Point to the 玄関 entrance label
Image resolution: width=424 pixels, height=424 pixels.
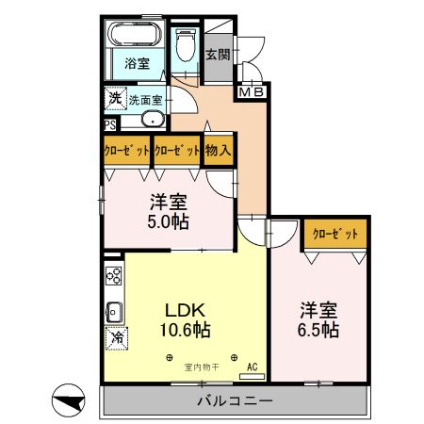pyautogui.click(x=218, y=54)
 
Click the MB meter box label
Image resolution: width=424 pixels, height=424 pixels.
pyautogui.click(x=250, y=92)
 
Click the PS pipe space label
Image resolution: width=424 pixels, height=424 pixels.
pyautogui.click(x=110, y=122)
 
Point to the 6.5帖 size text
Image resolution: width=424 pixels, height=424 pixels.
pyautogui.click(x=319, y=331)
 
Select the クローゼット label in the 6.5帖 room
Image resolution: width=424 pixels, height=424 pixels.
pyautogui.click(x=334, y=234)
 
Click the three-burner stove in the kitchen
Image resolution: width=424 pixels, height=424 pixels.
pyautogui.click(x=114, y=276)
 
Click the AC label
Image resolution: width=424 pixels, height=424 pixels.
pyautogui.click(x=252, y=367)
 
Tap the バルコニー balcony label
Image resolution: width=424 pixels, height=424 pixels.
pyautogui.click(x=235, y=401)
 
